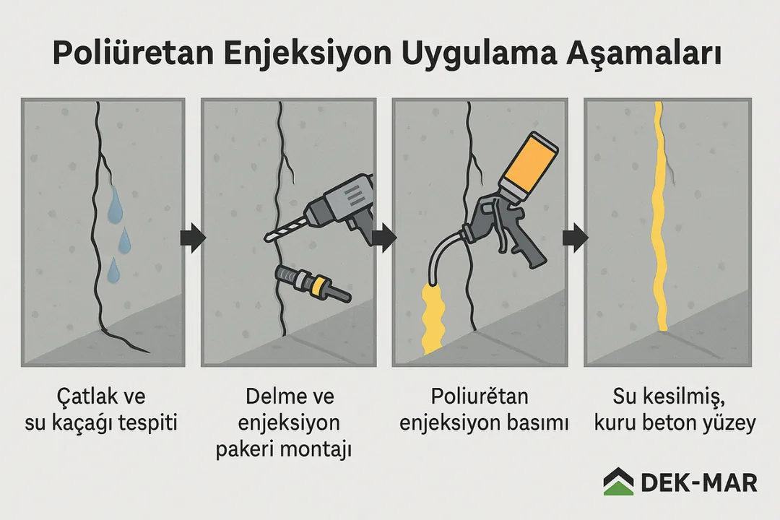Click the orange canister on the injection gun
coord(532,162)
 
